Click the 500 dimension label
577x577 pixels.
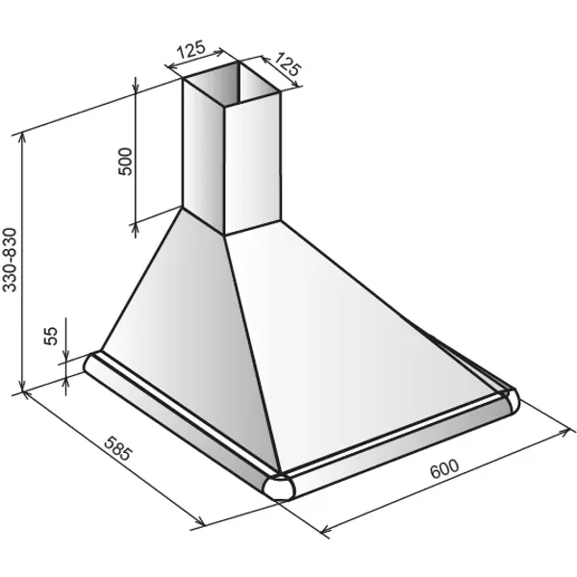coord(125,162)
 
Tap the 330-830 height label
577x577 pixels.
coord(10,260)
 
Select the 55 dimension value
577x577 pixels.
coord(51,336)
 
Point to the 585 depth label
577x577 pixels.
coord(117,448)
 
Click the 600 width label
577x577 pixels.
coord(444,469)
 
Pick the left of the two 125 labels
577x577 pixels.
coord(190,50)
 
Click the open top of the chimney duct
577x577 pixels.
coord(232,84)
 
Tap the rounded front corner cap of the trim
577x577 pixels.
coord(279,488)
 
